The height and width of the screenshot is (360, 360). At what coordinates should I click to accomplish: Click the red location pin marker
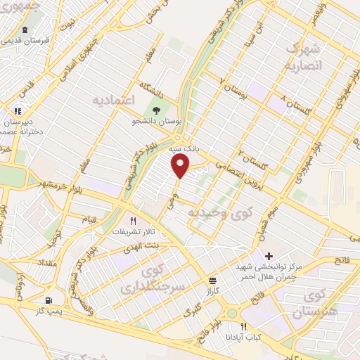[181, 167]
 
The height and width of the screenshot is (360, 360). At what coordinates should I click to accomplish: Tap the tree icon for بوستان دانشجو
[157, 110]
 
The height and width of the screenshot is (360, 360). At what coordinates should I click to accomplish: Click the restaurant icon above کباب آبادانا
[243, 326]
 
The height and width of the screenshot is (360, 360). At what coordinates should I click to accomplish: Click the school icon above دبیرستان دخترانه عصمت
[18, 110]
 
